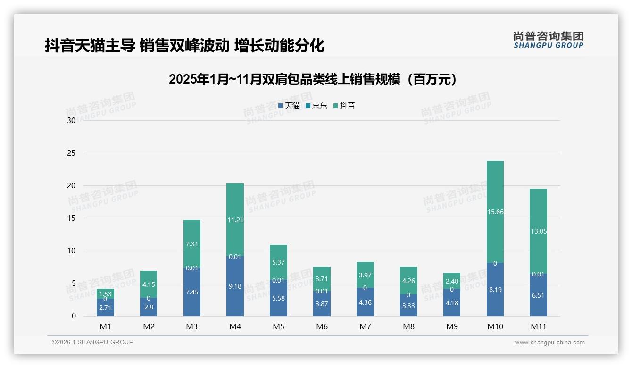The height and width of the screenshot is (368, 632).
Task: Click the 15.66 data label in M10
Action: point(495,212)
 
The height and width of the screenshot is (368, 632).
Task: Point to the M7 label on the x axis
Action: point(365,326)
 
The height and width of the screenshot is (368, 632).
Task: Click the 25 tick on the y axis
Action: point(71,153)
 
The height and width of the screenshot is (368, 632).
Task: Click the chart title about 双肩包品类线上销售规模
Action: point(313,79)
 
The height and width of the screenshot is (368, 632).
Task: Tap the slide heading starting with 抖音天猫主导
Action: point(184,46)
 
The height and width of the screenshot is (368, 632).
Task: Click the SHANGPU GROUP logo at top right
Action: point(548,40)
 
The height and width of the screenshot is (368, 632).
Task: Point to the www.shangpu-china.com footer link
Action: point(549,343)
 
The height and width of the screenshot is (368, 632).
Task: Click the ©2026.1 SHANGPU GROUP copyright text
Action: point(92,342)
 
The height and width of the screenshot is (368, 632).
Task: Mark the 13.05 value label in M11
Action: point(538,231)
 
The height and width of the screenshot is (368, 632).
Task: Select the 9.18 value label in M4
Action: point(235,286)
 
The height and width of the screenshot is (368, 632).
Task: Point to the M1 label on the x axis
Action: point(105,326)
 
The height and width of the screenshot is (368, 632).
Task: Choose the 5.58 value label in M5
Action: point(278,298)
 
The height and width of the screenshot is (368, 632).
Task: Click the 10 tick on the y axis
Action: point(71,251)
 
